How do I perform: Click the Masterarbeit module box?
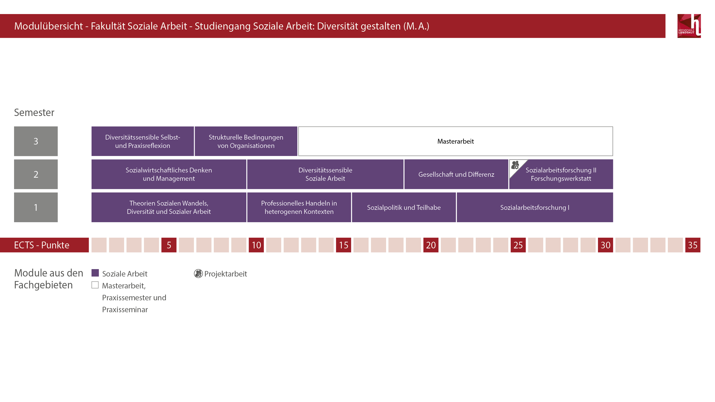[455, 141]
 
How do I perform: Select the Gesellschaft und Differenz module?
[456, 174]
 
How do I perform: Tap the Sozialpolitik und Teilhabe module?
[404, 207]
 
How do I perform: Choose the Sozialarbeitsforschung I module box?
[535, 207]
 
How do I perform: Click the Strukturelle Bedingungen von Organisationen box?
[246, 141]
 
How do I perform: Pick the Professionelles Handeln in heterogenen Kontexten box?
[299, 207]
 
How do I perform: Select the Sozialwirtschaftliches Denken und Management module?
[169, 174]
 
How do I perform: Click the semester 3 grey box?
[36, 141]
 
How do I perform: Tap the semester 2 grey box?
[36, 174]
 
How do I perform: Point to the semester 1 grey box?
[36, 207]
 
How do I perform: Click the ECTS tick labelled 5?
[169, 245]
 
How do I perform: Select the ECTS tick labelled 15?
[343, 245]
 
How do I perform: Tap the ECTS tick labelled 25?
[518, 245]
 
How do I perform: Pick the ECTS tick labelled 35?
[693, 245]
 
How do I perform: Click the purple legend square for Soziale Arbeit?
[95, 273]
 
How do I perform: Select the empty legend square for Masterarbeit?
[95, 285]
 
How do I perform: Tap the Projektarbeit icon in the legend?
[198, 274]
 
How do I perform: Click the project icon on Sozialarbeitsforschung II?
[515, 165]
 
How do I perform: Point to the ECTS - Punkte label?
[42, 245]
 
